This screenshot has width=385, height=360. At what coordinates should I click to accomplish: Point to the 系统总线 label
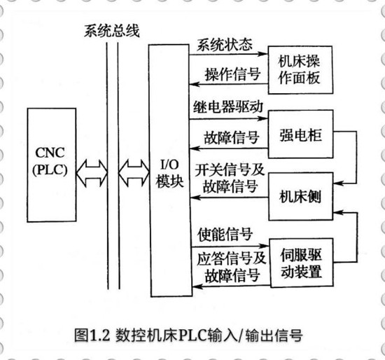click(112, 31)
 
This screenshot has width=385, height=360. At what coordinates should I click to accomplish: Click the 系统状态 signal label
click(225, 45)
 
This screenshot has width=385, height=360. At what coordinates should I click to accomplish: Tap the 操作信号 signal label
click(233, 74)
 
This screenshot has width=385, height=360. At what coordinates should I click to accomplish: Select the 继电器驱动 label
click(228, 106)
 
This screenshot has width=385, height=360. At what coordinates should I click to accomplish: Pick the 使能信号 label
click(225, 234)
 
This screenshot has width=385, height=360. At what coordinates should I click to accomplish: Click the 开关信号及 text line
click(230, 169)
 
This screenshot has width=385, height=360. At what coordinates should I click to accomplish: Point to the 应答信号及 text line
click(231, 258)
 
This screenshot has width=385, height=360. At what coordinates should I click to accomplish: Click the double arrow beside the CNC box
click(92, 173)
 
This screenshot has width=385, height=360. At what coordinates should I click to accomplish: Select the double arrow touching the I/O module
click(134, 173)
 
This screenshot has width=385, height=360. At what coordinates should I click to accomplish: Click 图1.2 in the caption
click(92, 335)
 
